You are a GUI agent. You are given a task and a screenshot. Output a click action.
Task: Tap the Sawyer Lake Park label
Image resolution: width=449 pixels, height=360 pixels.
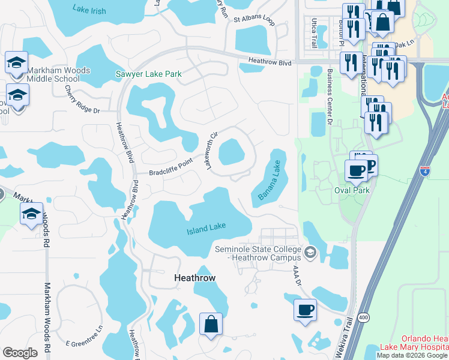(x=148, y=75)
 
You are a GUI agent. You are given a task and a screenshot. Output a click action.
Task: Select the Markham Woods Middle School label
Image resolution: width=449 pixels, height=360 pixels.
(x=58, y=74)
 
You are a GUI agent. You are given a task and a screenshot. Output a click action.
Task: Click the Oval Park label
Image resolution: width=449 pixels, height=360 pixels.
(x=351, y=190)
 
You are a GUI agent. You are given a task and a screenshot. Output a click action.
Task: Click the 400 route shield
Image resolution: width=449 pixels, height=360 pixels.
(x=363, y=319)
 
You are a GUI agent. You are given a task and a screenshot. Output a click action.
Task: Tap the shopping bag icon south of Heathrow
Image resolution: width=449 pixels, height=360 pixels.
(x=211, y=324)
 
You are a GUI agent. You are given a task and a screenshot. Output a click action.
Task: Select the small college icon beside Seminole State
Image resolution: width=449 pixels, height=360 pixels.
(x=310, y=251)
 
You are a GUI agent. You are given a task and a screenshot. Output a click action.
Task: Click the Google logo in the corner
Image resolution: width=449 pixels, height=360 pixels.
(x=20, y=352)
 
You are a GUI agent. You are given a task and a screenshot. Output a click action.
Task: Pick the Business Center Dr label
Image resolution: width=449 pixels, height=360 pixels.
(x=330, y=97)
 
